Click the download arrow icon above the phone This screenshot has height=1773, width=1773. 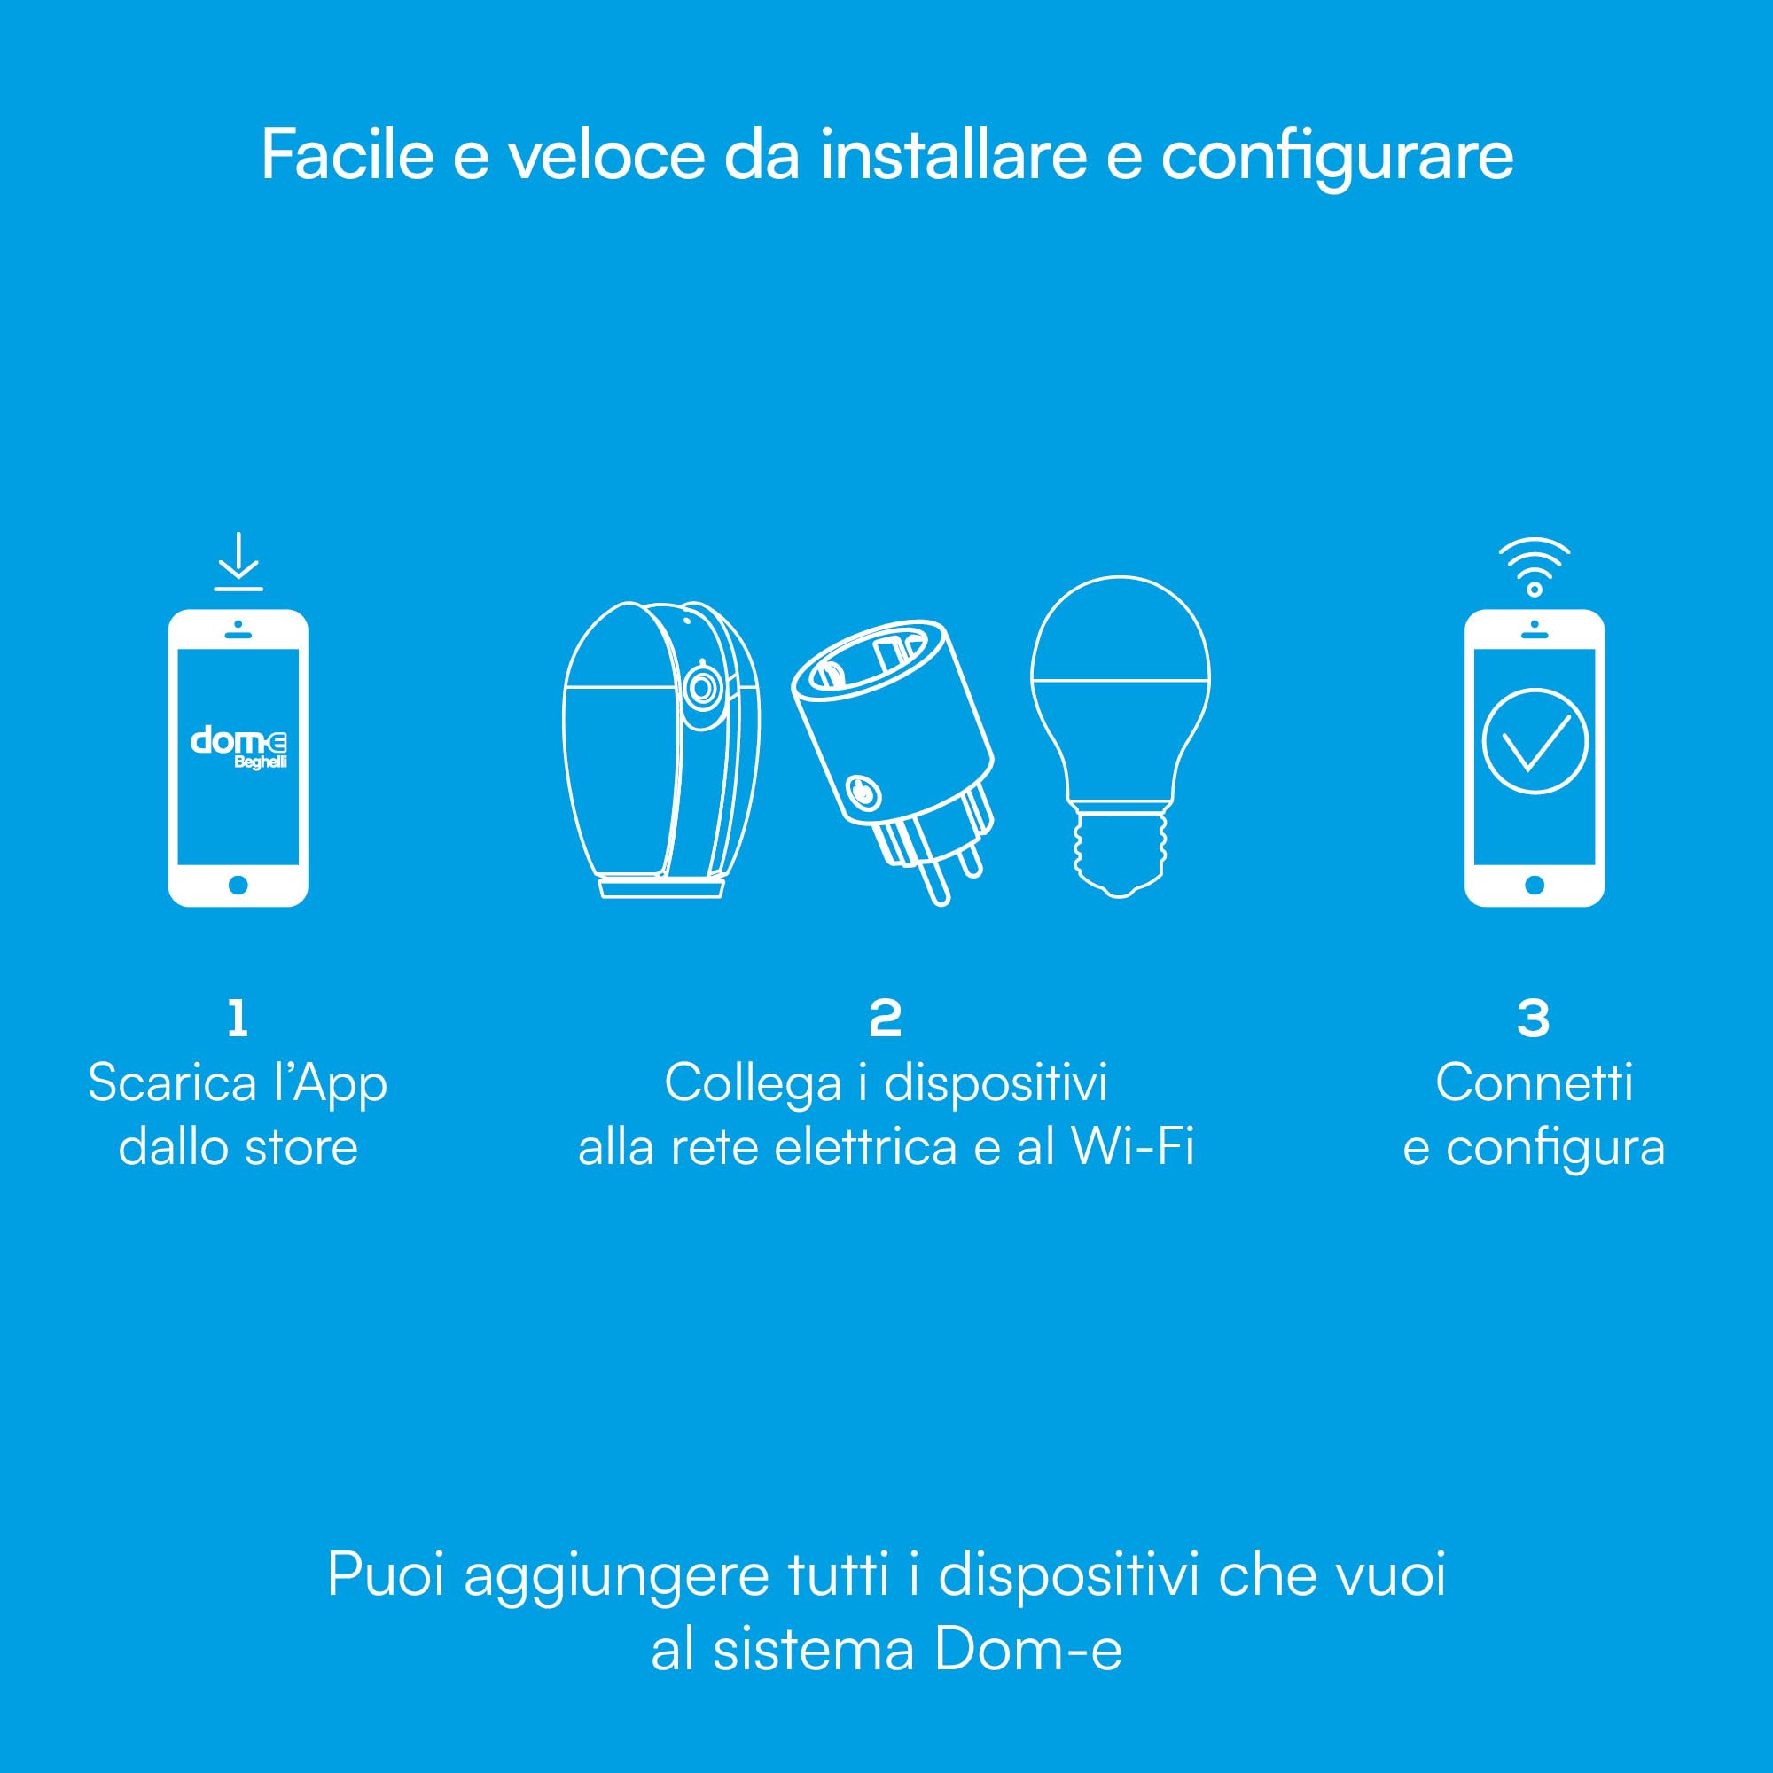pyautogui.click(x=238, y=561)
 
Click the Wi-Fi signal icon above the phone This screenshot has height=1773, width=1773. pyautogui.click(x=1535, y=566)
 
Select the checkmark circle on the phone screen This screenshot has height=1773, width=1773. pyautogui.click(x=1535, y=740)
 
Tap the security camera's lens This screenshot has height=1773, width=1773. pyautogui.click(x=703, y=687)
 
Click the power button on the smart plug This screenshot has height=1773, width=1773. pyautogui.click(x=861, y=791)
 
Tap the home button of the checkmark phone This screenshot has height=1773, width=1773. pyautogui.click(x=1535, y=886)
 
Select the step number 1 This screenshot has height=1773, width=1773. pyautogui.click(x=238, y=1018)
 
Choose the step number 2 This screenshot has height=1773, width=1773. pyautogui.click(x=886, y=1018)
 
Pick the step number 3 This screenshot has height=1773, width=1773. pyautogui.click(x=1534, y=1018)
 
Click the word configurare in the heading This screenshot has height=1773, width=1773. pyautogui.click(x=1337, y=158)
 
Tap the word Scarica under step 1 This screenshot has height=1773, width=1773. pyautogui.click(x=173, y=1083)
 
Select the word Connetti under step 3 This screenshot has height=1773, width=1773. pyautogui.click(x=1535, y=1083)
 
